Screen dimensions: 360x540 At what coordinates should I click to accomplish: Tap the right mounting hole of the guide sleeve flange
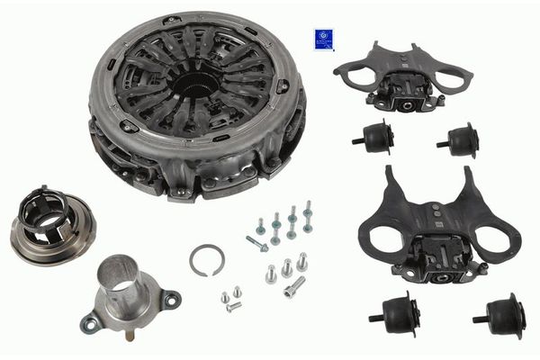click(x=172, y=298)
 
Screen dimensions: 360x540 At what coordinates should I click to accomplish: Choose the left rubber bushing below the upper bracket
click(x=373, y=137)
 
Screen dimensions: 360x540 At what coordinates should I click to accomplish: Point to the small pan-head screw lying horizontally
click(x=233, y=307)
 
